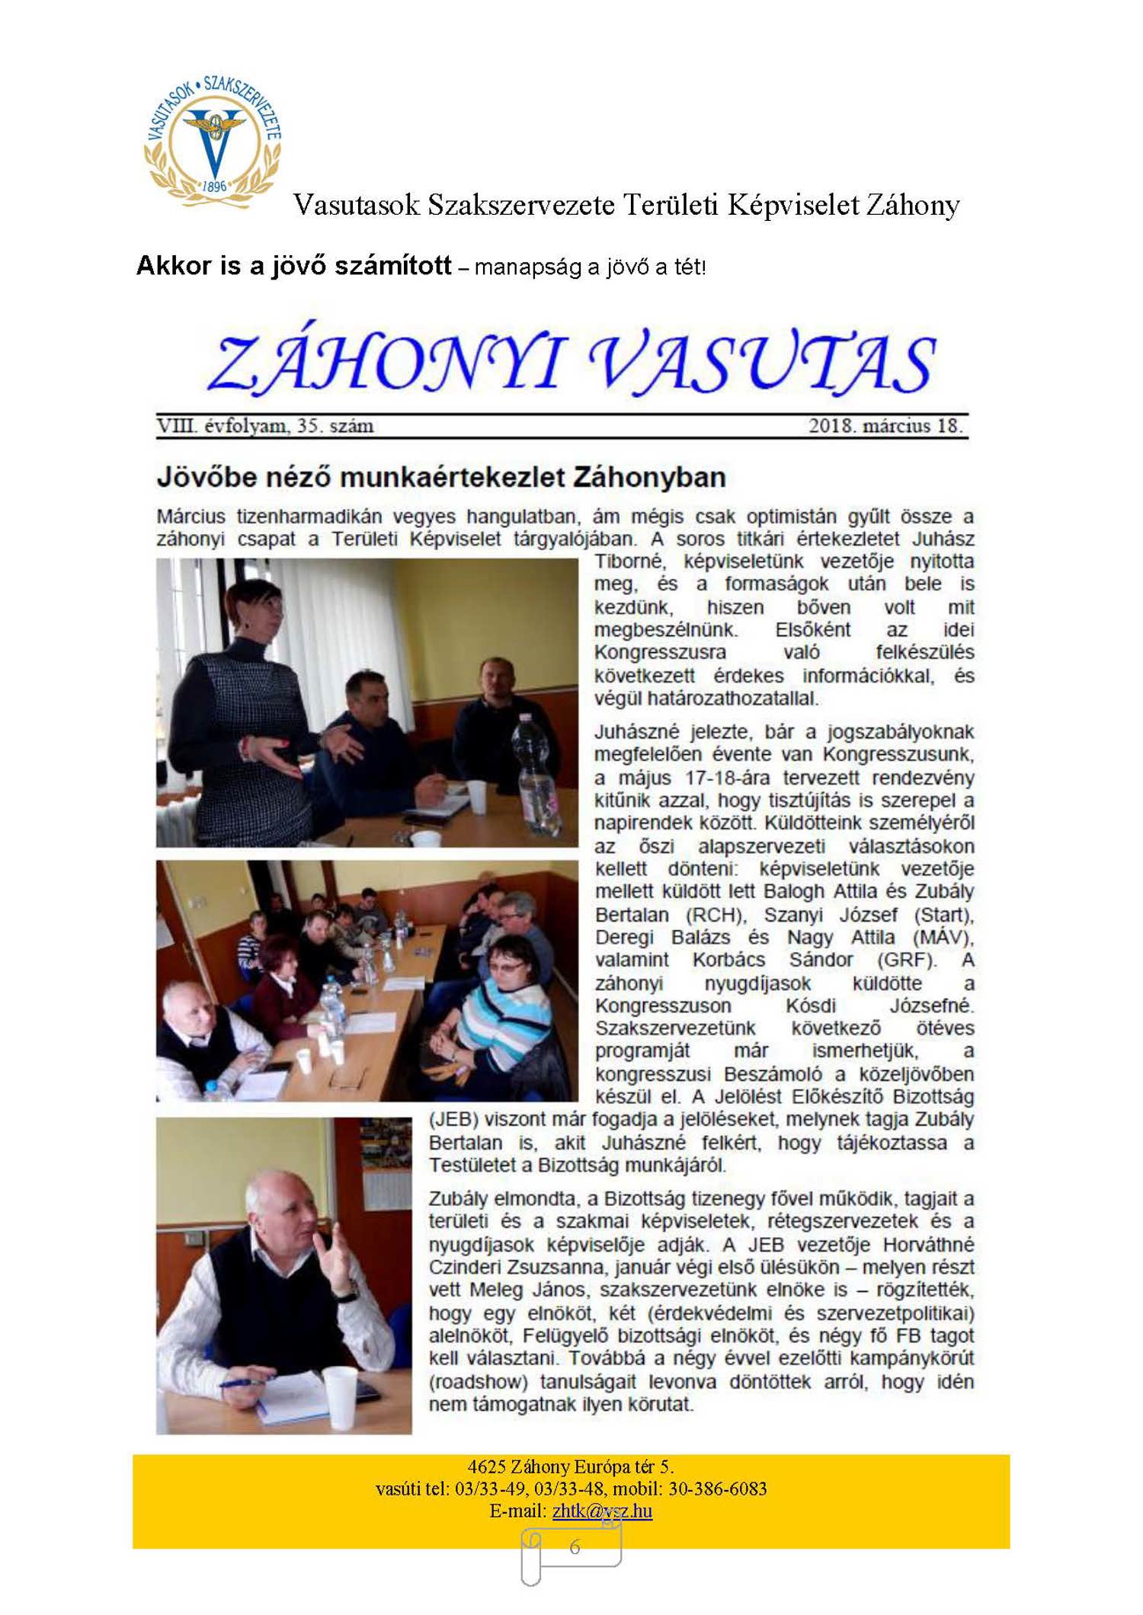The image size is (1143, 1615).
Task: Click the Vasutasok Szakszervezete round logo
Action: (213, 140)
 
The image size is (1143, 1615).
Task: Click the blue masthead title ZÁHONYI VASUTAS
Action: (571, 363)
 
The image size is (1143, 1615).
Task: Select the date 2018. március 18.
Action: (885, 426)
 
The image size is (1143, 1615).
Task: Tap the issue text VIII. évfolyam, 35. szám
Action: (265, 426)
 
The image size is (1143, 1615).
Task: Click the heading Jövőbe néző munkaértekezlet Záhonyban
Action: (441, 478)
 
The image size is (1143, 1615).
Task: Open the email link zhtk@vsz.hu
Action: (602, 1511)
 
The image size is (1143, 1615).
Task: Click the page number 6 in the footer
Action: (575, 1546)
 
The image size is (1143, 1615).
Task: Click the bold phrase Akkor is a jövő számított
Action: (294, 266)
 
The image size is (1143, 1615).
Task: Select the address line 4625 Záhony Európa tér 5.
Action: (571, 1466)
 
